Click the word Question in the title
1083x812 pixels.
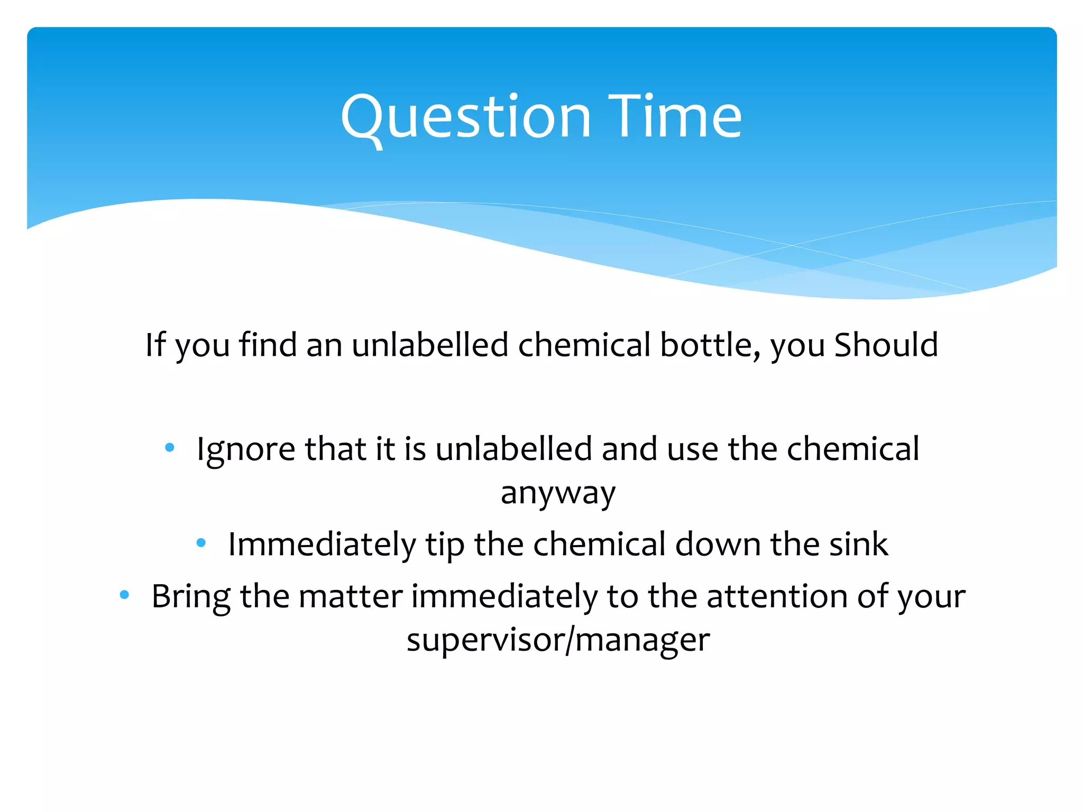(465, 117)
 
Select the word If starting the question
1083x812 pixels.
(155, 345)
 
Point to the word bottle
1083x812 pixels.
(709, 345)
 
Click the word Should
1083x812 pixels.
(886, 345)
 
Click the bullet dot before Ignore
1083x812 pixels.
(169, 448)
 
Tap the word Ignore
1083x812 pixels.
(245, 449)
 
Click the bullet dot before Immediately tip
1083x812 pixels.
(201, 542)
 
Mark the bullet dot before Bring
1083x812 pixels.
(124, 595)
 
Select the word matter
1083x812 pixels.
(350, 596)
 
